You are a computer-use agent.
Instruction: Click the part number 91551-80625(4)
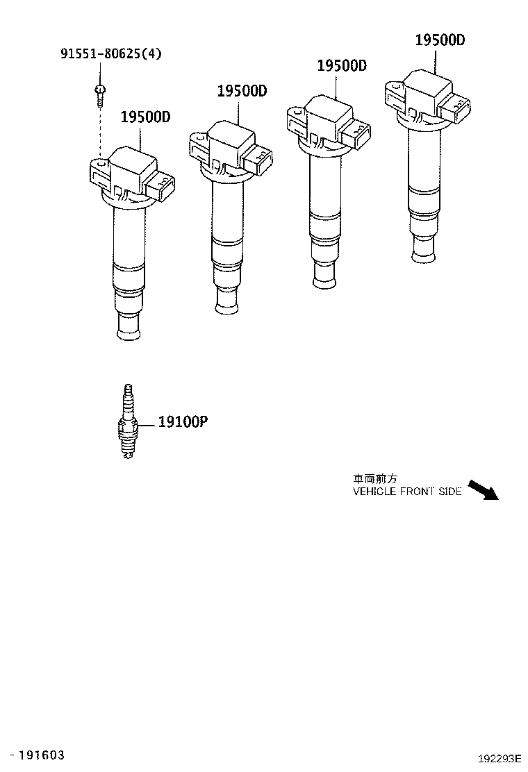tap(110, 53)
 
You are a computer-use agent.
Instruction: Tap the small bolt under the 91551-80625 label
tap(101, 93)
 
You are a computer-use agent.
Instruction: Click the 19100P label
tap(183, 421)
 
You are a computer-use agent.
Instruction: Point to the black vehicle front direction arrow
tap(484, 489)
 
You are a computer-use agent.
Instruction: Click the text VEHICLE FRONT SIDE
tap(406, 492)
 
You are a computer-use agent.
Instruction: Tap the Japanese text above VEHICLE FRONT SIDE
tap(374, 479)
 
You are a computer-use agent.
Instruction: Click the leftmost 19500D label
tap(145, 117)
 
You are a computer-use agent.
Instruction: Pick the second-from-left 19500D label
tap(242, 91)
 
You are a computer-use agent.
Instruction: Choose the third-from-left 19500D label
tap(342, 66)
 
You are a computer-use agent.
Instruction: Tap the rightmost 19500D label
tap(440, 40)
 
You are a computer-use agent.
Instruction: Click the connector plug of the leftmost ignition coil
tap(160, 187)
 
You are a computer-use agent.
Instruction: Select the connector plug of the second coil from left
tap(258, 161)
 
